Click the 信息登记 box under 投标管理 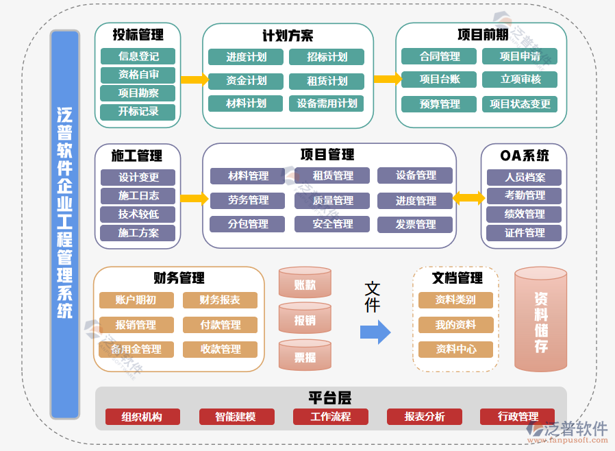click(138, 56)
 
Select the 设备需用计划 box click(326, 103)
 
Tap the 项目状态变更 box click(520, 104)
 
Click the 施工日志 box click(138, 196)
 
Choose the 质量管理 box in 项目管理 click(332, 201)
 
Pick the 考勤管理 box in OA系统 click(524, 196)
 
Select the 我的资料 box click(455, 325)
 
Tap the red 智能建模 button click(236, 417)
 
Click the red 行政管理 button click(518, 417)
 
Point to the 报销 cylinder click(305, 319)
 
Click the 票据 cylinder click(305, 356)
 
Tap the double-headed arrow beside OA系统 click(468, 199)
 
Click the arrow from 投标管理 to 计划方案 click(194, 80)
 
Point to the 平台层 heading click(329, 398)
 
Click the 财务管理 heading click(179, 278)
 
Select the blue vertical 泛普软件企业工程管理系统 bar click(65, 224)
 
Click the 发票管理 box click(415, 225)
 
